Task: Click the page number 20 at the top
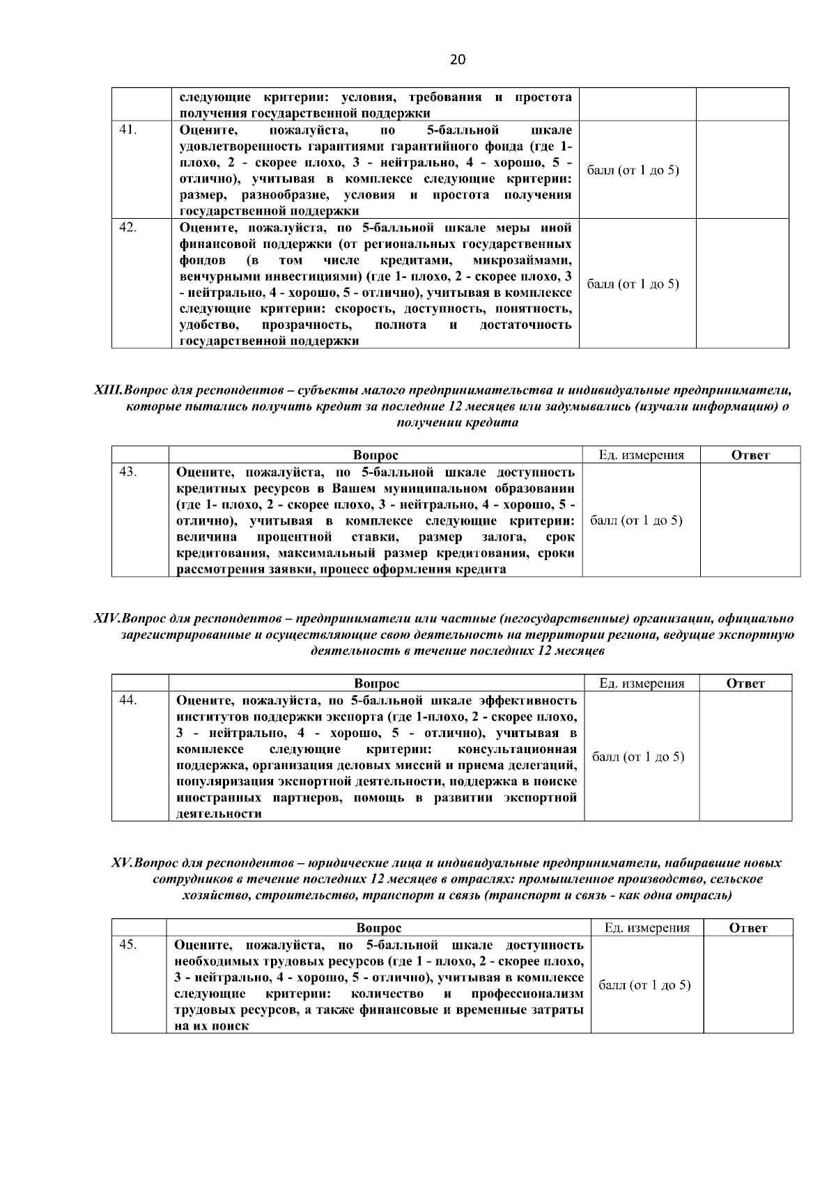(457, 60)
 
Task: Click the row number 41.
(127, 130)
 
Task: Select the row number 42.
(127, 227)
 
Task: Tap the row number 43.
(127, 472)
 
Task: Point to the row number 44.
(127, 699)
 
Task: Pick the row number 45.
(127, 945)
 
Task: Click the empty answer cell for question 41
(743, 169)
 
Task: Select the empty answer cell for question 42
(743, 283)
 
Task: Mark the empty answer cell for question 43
(750, 520)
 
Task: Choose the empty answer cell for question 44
(745, 756)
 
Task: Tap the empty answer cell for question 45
(748, 984)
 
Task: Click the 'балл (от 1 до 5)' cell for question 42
(633, 284)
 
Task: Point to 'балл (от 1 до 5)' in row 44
(638, 757)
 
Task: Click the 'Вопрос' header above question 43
(376, 456)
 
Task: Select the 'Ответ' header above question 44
(745, 683)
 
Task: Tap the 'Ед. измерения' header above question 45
(647, 928)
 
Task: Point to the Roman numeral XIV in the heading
(107, 618)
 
